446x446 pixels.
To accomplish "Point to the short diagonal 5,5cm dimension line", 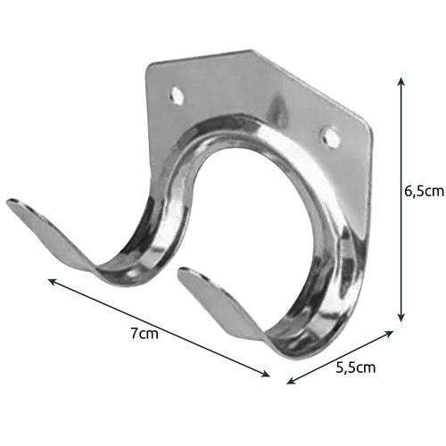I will click(342, 357).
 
